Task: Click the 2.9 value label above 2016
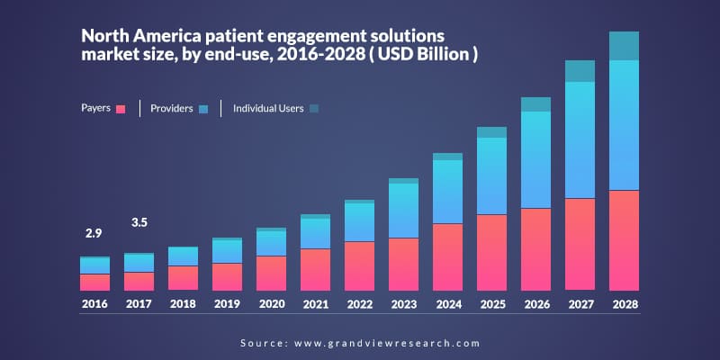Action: (x=94, y=233)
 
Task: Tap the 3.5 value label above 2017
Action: (x=139, y=221)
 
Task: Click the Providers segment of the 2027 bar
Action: (x=580, y=139)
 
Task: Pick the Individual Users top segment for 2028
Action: (x=624, y=46)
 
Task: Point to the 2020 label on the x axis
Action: (x=271, y=305)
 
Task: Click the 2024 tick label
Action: (x=447, y=305)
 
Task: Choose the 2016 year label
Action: (x=94, y=305)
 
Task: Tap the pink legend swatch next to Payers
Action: (x=121, y=109)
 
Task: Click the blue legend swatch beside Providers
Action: (x=202, y=109)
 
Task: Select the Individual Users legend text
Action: (x=268, y=109)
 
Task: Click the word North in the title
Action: (x=105, y=37)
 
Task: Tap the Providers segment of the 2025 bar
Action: (x=491, y=175)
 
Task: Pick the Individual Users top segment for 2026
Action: (x=535, y=104)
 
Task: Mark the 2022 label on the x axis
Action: (x=359, y=305)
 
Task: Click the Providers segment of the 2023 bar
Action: (x=403, y=211)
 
